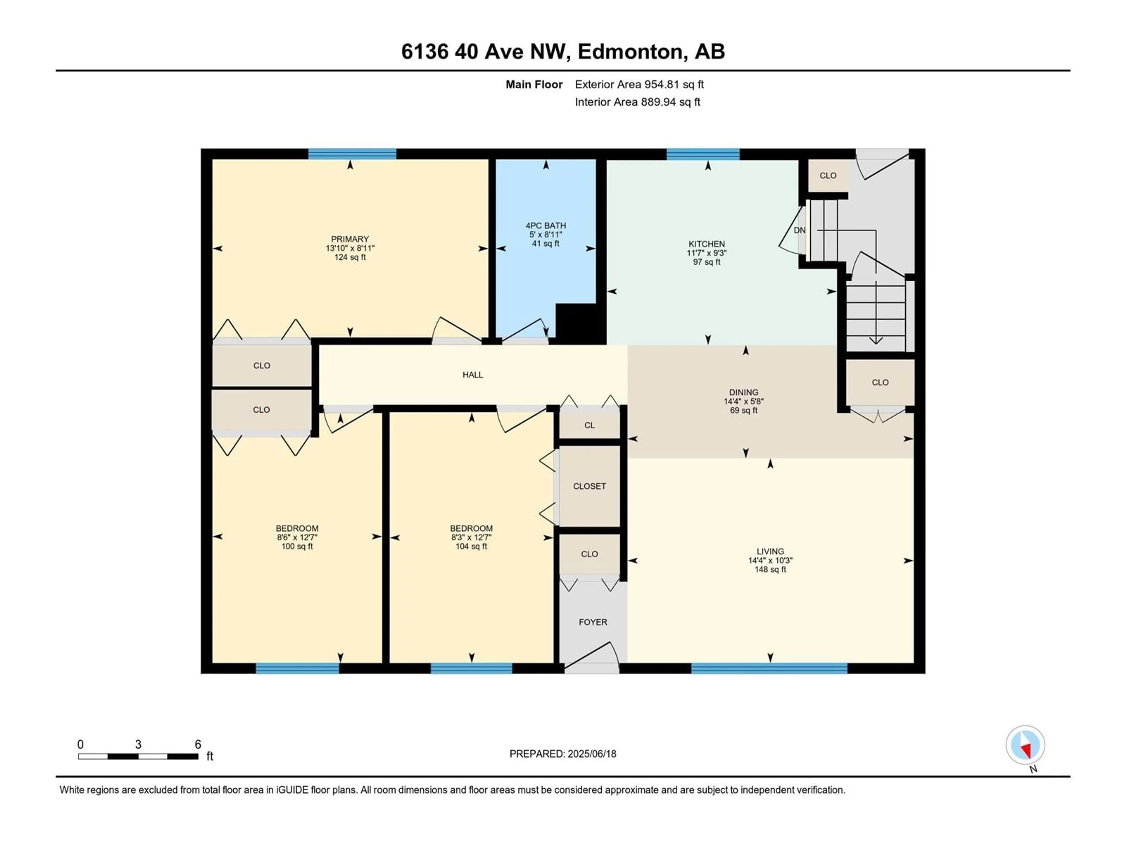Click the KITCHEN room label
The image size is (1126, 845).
coord(707,244)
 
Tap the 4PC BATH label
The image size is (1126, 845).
coord(546,226)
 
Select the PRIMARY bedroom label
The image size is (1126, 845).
coord(350,239)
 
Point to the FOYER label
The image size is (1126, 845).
coord(593,622)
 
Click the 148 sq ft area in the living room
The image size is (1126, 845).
coord(770,569)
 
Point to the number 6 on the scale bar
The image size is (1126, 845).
coord(198,744)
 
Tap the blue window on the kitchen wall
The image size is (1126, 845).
coord(703,154)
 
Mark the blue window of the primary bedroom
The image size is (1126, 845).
coord(352,154)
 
